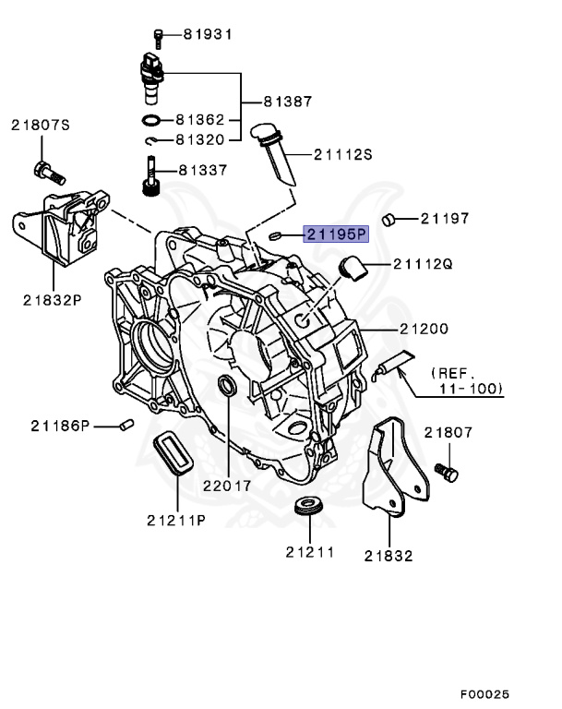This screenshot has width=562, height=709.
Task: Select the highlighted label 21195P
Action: pyautogui.click(x=337, y=234)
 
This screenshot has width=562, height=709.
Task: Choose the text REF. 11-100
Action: pyautogui.click(x=466, y=380)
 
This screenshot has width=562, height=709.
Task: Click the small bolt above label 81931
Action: pyautogui.click(x=159, y=36)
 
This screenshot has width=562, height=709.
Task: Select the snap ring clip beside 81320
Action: pyautogui.click(x=153, y=140)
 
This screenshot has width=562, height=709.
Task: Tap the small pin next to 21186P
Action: pyautogui.click(x=128, y=425)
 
